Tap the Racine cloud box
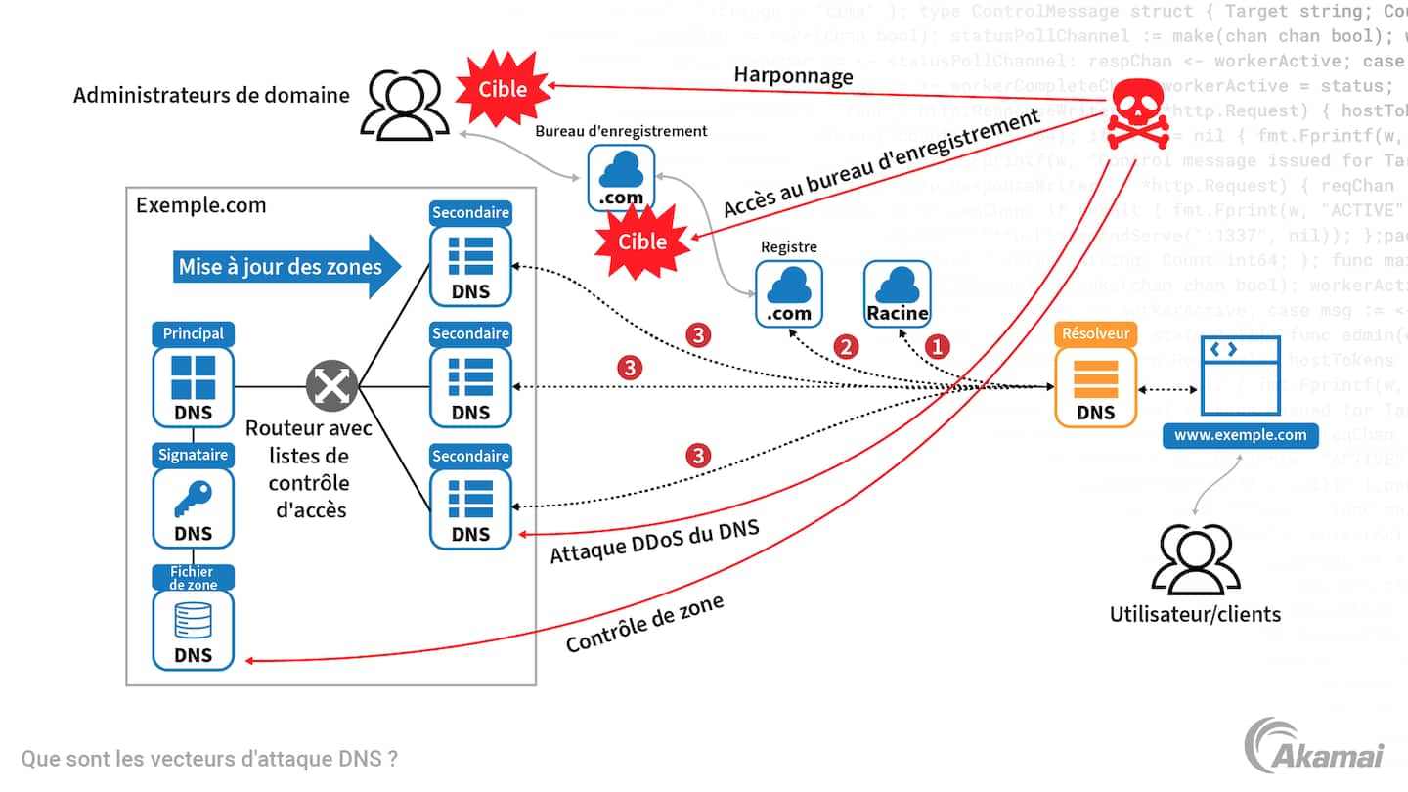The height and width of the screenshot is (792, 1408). (x=897, y=294)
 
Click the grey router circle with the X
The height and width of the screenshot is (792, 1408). (x=331, y=385)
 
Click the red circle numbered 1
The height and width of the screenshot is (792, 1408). (x=937, y=345)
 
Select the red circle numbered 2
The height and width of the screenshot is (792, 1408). (x=845, y=345)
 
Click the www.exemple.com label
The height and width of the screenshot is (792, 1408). (x=1240, y=435)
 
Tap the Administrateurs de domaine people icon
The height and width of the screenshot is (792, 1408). (x=400, y=106)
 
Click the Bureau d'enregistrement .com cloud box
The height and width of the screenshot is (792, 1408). (x=620, y=177)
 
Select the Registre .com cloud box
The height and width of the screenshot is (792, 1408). (x=788, y=293)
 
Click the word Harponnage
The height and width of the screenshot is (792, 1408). (x=793, y=76)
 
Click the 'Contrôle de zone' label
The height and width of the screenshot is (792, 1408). (x=644, y=624)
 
